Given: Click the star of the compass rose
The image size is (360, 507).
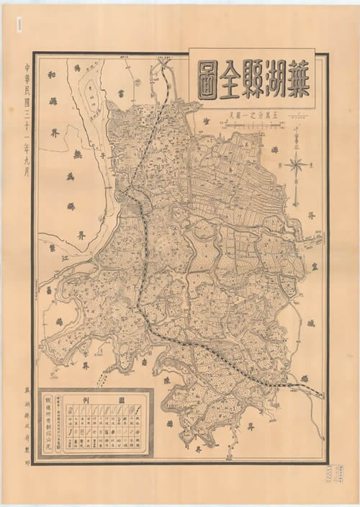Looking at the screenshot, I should [x=295, y=164].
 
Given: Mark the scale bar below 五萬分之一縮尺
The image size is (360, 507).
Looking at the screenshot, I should [x=253, y=127].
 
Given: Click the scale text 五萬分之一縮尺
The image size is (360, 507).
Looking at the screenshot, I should [x=253, y=115].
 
